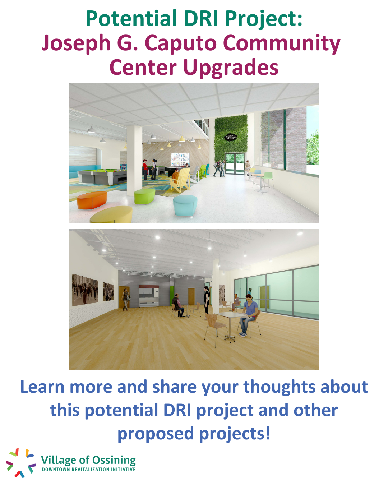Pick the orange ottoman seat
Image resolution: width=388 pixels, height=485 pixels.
click(92, 200)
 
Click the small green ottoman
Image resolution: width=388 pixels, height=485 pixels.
click(144, 196)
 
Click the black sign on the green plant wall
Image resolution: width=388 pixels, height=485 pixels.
click(230, 138)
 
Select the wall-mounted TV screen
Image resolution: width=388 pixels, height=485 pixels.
click(180, 159)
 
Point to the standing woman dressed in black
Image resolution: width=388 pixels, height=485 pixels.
click(207, 301)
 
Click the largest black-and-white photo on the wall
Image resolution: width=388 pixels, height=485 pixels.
click(85, 290)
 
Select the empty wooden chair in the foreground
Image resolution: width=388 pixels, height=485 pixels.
click(214, 327)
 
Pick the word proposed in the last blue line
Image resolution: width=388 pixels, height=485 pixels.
click(156, 434)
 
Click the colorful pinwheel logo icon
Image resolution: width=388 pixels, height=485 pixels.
click(21, 463)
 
